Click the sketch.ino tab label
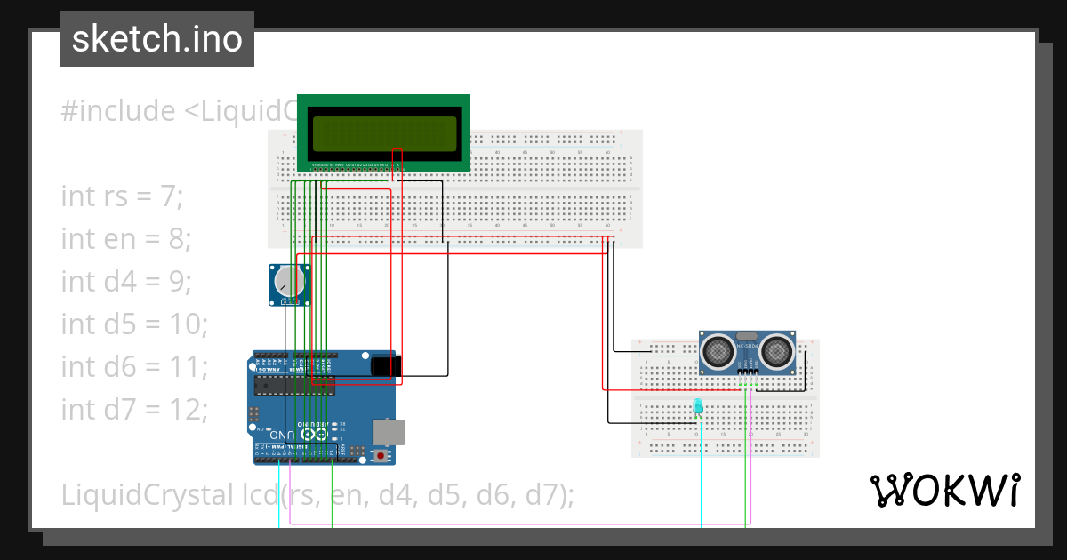click(x=157, y=39)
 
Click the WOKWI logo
click(x=943, y=490)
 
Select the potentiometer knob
click(x=288, y=283)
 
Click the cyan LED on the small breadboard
click(x=698, y=406)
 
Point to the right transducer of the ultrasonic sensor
click(x=776, y=353)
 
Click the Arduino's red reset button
click(x=382, y=456)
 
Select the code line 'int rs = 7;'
click(x=122, y=196)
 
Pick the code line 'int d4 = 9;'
click(x=126, y=281)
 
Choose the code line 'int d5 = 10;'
click(x=134, y=324)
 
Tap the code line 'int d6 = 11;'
click(x=134, y=366)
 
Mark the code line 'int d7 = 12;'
click(x=134, y=409)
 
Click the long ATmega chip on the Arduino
click(x=294, y=384)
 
